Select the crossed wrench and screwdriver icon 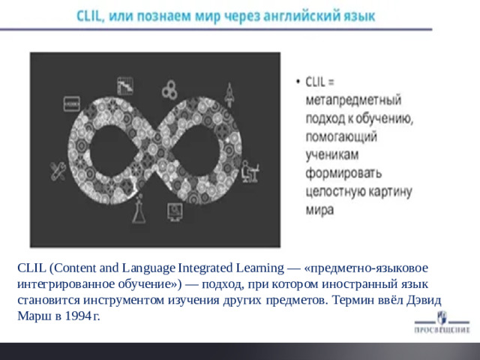pos(58,172)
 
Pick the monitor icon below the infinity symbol pos(175,212)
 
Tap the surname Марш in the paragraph pos(31,315)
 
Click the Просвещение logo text pos(442,328)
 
